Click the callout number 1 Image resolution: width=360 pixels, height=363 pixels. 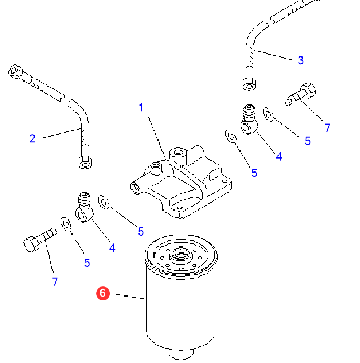tap(141, 107)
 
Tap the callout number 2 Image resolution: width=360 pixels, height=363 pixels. tap(32, 138)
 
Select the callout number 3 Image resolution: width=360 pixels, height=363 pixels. tap(300, 60)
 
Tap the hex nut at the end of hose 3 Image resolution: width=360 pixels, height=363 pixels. tap(249, 84)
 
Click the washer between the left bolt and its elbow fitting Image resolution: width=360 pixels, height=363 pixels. tap(65, 225)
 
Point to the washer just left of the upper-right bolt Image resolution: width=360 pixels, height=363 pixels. tap(268, 114)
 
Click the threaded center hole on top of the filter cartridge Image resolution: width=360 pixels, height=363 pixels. tap(181, 257)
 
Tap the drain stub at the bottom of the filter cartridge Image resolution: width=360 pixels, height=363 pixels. tap(180, 354)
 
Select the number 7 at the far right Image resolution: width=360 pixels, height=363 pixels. tap(327, 128)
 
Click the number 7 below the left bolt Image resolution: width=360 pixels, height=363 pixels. tap(55, 282)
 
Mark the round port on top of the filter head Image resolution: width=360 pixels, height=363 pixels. tap(178, 152)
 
